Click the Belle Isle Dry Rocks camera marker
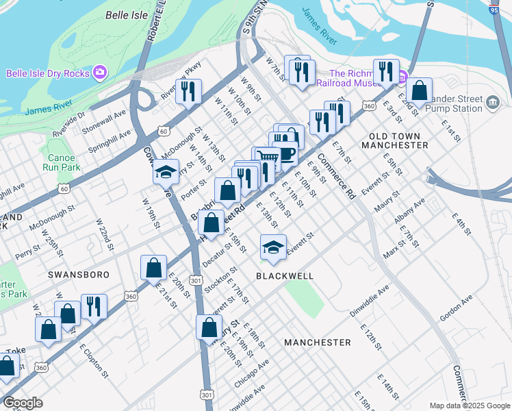point(100,72)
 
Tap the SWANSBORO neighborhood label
point(79,274)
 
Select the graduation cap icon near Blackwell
point(273,247)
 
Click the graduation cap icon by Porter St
point(165,173)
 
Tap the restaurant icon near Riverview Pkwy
point(188,91)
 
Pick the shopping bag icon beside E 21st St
point(153,268)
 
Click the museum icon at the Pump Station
point(492,103)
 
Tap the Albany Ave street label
point(409,211)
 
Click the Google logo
point(23,403)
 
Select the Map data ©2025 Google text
point(469,406)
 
